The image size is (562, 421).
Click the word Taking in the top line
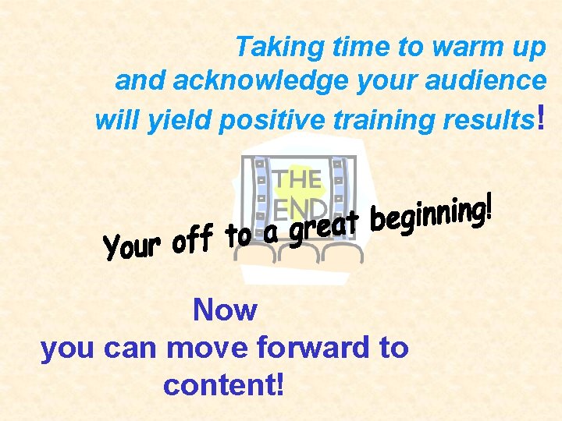[x=269, y=48]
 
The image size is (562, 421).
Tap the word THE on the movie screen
[x=297, y=179]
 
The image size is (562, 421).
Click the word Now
[x=225, y=310]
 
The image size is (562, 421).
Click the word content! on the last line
[x=224, y=384]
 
